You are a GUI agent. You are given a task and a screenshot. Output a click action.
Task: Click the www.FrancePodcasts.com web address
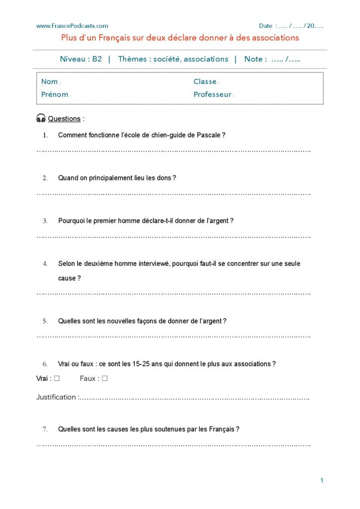[x=72, y=26]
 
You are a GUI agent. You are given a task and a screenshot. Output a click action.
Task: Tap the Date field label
[x=266, y=26]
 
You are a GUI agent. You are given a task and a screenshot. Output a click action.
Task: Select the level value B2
[x=97, y=59]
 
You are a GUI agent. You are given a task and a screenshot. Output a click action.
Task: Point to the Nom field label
[x=49, y=82]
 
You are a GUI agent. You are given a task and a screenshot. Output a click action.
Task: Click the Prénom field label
[x=55, y=94]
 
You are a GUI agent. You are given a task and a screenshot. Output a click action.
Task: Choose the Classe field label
[x=205, y=82]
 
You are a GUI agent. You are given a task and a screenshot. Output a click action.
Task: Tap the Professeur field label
[x=212, y=94]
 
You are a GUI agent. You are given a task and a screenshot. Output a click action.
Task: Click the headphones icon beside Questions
[x=41, y=118]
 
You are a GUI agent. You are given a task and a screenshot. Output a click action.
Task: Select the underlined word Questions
[x=64, y=119]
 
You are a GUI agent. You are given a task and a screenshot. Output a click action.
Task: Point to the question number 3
[x=45, y=221]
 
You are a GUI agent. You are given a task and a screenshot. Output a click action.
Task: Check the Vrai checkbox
[x=57, y=378]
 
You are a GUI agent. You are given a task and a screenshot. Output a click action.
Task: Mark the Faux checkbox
[x=105, y=378]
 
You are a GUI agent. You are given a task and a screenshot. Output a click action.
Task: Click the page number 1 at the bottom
[x=322, y=480]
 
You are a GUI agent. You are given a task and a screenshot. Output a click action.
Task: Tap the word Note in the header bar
[x=253, y=59]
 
